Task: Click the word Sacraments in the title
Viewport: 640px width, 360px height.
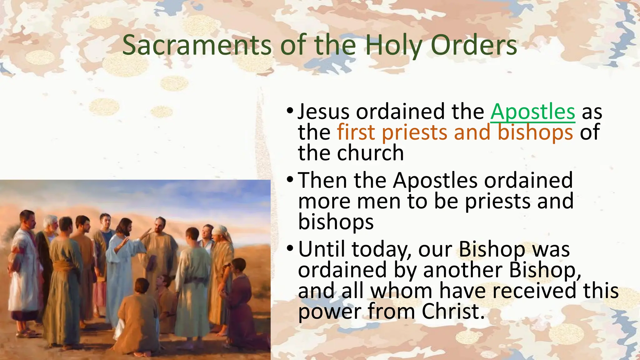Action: [197, 45]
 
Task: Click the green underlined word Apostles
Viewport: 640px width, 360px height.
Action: [532, 112]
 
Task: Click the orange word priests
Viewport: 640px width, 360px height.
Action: [415, 132]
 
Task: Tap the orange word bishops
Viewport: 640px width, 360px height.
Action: [535, 132]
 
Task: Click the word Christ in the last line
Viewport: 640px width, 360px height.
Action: [453, 312]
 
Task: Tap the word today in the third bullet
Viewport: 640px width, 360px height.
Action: [382, 250]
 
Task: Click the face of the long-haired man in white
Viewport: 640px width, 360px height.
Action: [125, 226]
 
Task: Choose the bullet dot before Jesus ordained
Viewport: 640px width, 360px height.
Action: [290, 111]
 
